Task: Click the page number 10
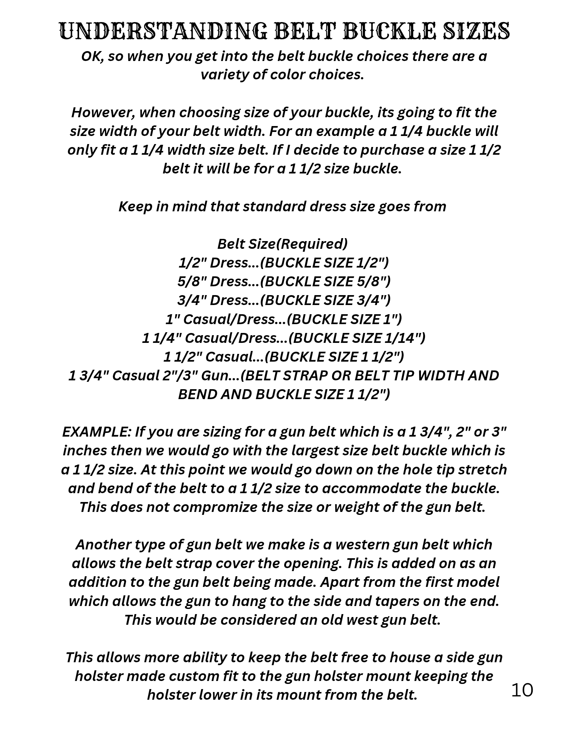click(522, 690)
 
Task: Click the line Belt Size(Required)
click(282, 244)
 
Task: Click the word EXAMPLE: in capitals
click(96, 432)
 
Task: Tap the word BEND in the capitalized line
click(197, 395)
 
